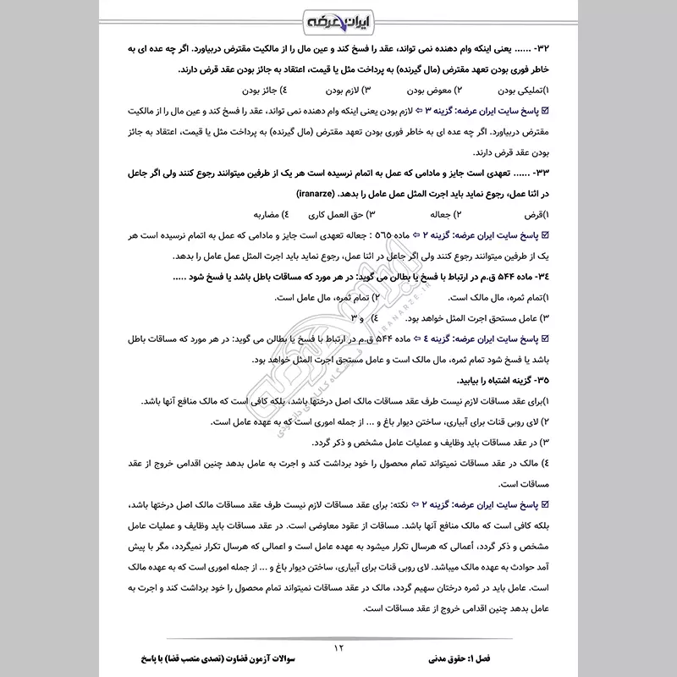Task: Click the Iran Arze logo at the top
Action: click(338, 19)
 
